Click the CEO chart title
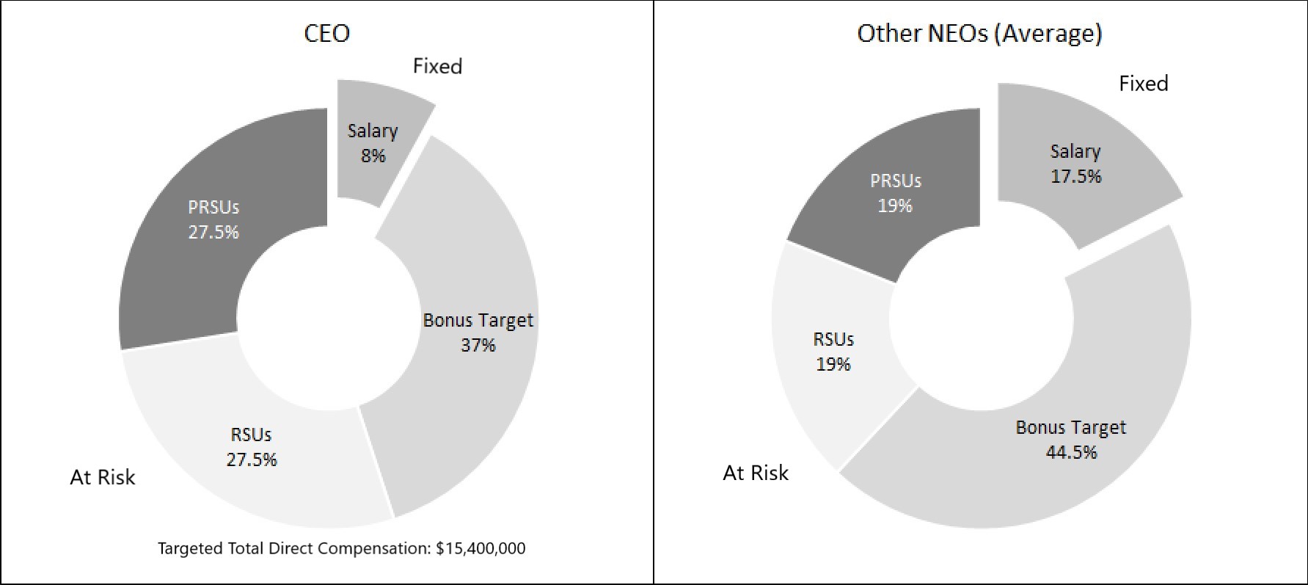[x=326, y=33]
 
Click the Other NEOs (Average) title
[x=979, y=33]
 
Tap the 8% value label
[x=373, y=156]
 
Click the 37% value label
[x=478, y=345]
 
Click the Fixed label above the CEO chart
[x=437, y=66]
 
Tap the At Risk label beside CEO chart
[x=102, y=477]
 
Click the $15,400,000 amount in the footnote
[x=481, y=548]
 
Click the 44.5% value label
[x=1071, y=452]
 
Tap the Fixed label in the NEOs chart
[x=1143, y=84]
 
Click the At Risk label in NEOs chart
[x=756, y=473]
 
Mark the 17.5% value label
[x=1075, y=176]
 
